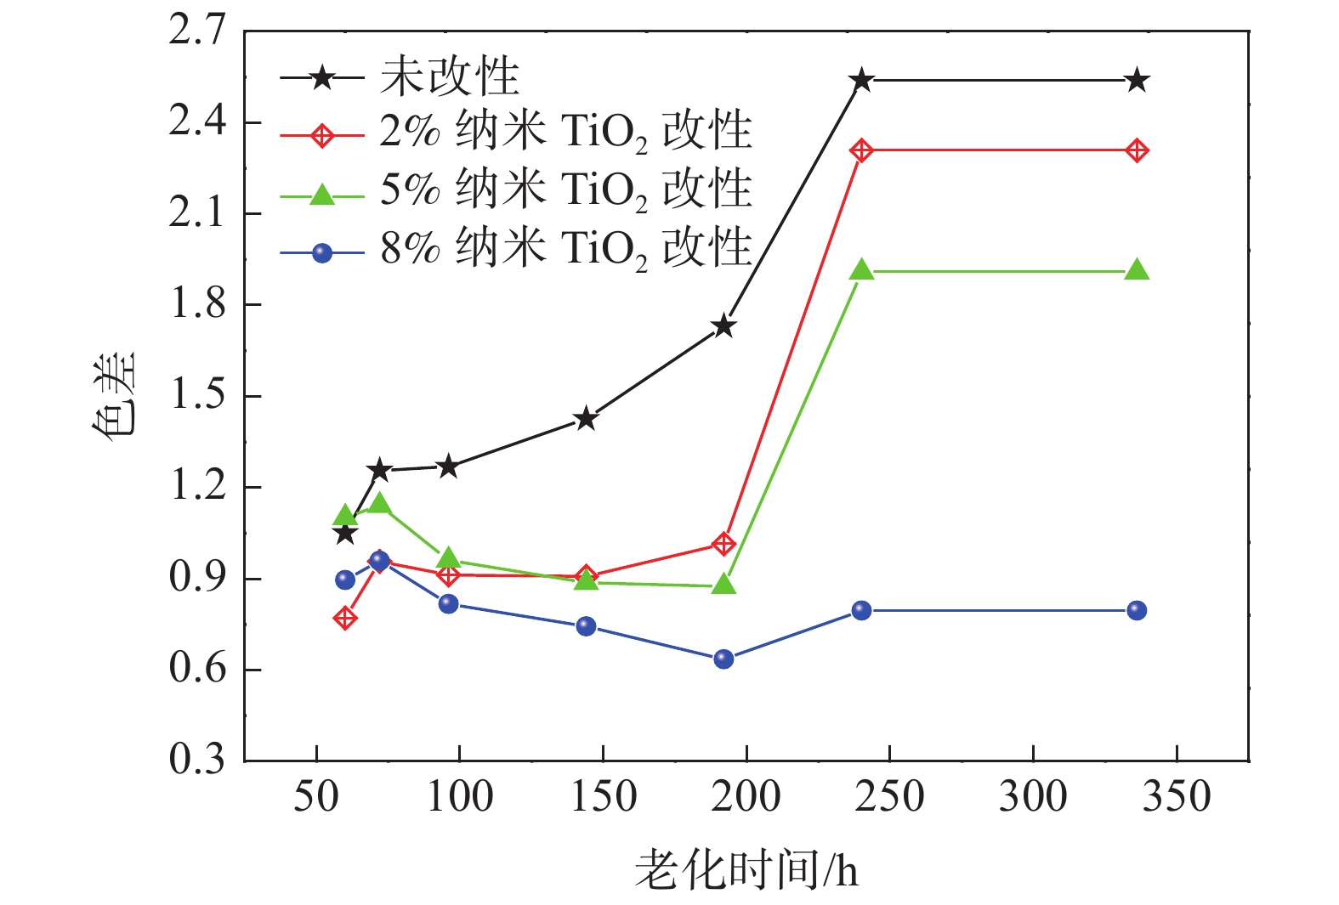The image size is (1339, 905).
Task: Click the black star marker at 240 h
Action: (x=861, y=81)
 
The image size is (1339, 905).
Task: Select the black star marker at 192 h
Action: (x=723, y=326)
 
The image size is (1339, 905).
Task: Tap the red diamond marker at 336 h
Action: (x=1137, y=151)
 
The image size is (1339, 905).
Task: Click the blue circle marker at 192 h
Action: (x=723, y=659)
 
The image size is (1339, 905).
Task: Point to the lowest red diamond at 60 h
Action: (x=345, y=618)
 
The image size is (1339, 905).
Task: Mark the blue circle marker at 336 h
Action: (x=1137, y=610)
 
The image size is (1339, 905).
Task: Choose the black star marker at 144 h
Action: (x=586, y=418)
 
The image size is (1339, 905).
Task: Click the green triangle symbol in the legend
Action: (x=322, y=195)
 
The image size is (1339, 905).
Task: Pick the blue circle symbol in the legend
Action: (x=322, y=252)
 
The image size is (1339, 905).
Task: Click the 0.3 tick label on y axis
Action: (x=197, y=759)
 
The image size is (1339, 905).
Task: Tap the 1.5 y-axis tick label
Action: (x=197, y=395)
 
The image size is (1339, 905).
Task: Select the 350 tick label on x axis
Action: (x=1176, y=797)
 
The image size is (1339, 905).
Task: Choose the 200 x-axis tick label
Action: (x=746, y=797)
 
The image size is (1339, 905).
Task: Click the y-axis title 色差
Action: (x=113, y=395)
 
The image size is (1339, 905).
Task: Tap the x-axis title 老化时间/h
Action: (x=746, y=871)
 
